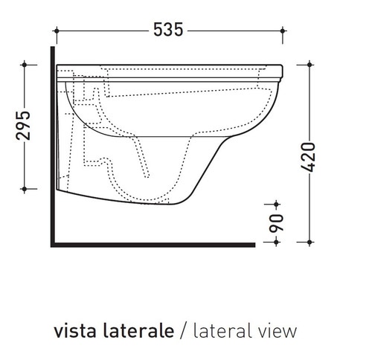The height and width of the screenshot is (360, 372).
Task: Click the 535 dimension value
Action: pos(168,30)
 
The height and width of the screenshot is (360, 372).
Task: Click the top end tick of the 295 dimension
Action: pos(27,65)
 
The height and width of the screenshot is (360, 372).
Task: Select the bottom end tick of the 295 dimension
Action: pos(27,188)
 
